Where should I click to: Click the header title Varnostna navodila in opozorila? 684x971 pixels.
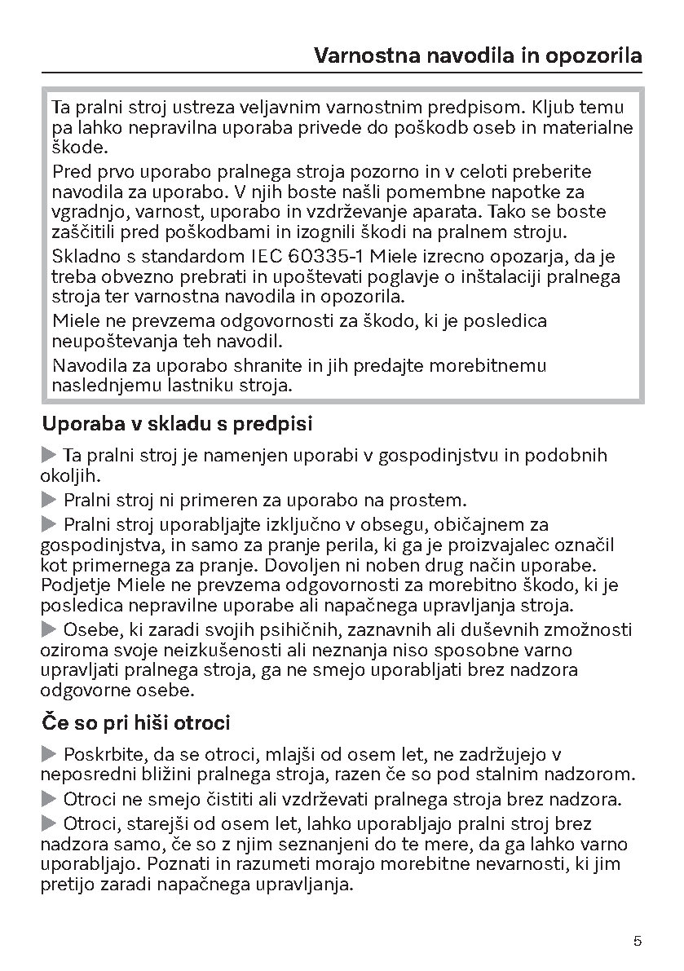(x=478, y=56)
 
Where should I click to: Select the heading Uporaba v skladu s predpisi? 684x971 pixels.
(x=177, y=424)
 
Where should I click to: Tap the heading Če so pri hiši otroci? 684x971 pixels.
(x=135, y=722)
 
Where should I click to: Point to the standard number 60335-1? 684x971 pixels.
(x=331, y=257)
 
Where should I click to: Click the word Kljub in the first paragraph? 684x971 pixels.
(x=555, y=107)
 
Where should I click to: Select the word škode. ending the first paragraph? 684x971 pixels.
(x=79, y=148)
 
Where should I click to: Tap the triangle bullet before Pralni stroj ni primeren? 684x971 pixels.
(x=50, y=499)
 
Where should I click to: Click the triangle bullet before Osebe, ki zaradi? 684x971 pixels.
(x=50, y=629)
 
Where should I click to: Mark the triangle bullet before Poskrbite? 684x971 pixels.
(x=50, y=754)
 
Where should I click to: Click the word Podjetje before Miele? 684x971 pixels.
(x=76, y=585)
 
